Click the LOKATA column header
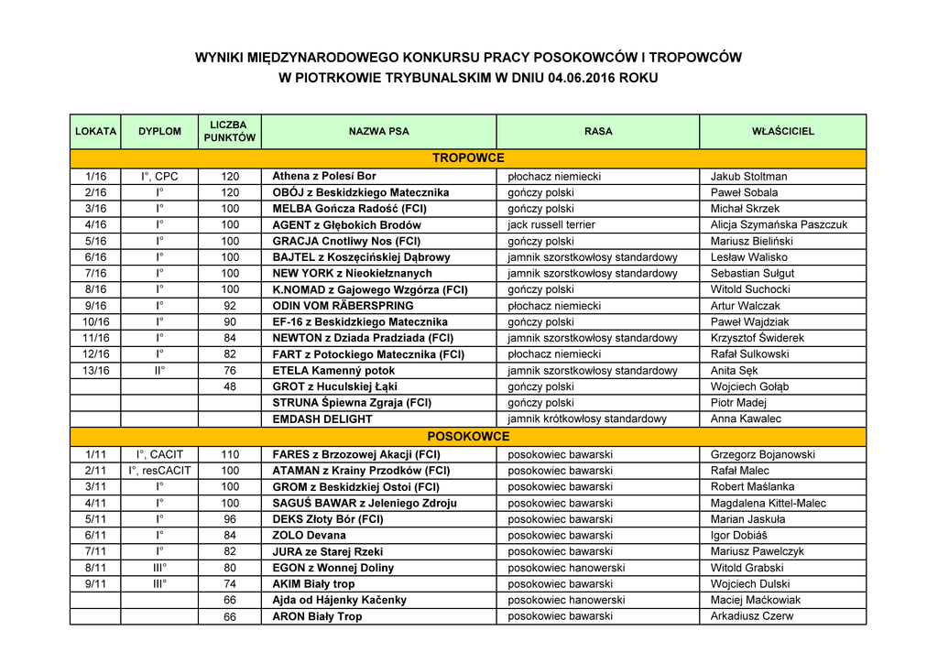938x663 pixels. [x=95, y=131]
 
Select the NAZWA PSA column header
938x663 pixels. [x=378, y=131]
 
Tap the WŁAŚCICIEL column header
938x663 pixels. [x=782, y=131]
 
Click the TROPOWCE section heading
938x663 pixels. [x=468, y=158]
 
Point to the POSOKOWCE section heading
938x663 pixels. [x=468, y=437]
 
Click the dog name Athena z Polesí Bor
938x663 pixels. [x=324, y=176]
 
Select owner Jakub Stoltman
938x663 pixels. [x=748, y=177]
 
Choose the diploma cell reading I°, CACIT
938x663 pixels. [x=159, y=454]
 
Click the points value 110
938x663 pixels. [x=230, y=454]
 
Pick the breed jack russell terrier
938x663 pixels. [x=551, y=224]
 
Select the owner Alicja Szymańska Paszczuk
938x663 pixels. [x=779, y=224]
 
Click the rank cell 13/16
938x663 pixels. [x=95, y=371]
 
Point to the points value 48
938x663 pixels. [x=230, y=386]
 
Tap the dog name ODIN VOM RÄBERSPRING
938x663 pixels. [x=343, y=306]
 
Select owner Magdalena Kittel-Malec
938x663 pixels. [x=768, y=503]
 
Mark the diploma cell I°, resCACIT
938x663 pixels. [x=159, y=471]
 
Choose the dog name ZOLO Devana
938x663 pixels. [x=310, y=536]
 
